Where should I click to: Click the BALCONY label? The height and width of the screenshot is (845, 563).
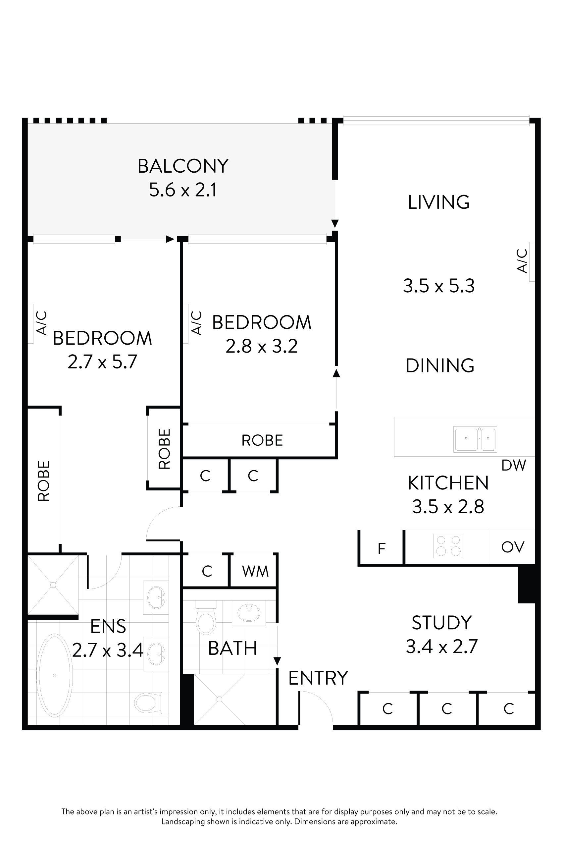[x=183, y=166]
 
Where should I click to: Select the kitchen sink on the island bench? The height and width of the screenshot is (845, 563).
[x=475, y=439]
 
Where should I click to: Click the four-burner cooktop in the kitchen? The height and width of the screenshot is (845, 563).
[x=448, y=546]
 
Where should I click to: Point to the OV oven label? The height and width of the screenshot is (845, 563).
[x=512, y=547]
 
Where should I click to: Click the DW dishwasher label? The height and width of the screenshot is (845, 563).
[x=513, y=465]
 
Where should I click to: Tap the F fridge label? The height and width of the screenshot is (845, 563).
[x=381, y=548]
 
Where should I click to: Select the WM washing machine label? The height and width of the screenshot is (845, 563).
[x=255, y=571]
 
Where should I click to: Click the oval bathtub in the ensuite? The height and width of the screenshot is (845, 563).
[x=54, y=675]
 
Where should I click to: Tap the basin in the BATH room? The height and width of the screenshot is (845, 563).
[x=248, y=613]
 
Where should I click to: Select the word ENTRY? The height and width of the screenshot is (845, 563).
[x=318, y=678]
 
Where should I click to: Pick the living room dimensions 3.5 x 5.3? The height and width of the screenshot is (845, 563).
[x=438, y=286]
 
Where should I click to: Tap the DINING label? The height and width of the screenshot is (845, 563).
[x=439, y=366]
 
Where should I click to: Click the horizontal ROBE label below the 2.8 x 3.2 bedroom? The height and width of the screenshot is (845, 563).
[x=262, y=440]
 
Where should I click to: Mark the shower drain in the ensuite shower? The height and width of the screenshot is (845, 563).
[x=53, y=585]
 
